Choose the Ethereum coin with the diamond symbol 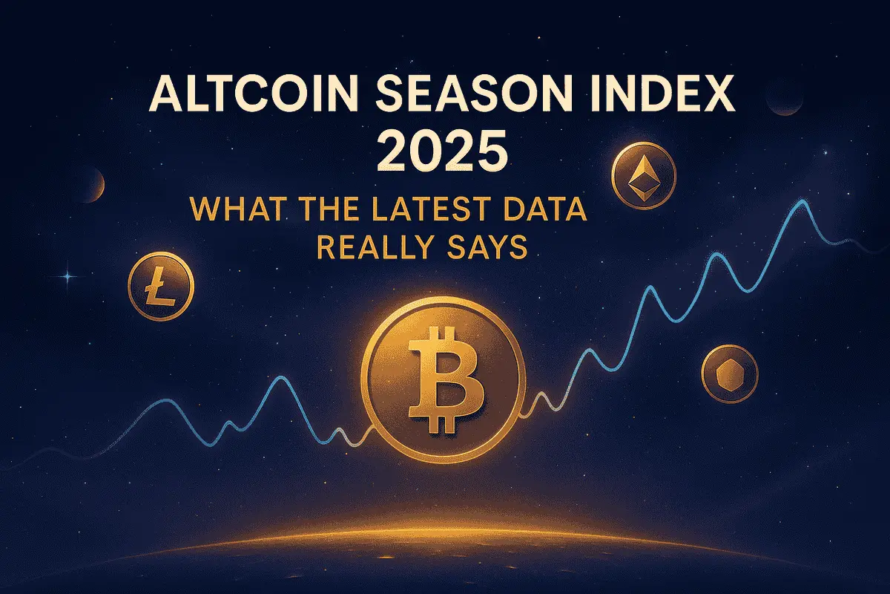[x=644, y=175]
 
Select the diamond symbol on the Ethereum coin [x=644, y=174]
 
